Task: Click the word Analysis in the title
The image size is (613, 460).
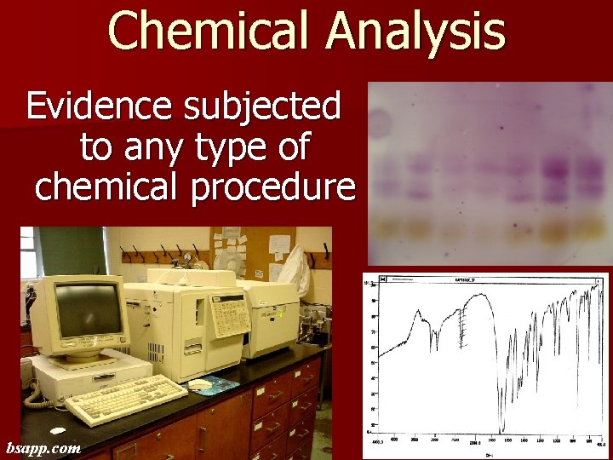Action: (417, 32)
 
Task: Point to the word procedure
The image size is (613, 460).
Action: (273, 187)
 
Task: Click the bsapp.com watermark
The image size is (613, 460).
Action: (43, 447)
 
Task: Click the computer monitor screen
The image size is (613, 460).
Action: (88, 310)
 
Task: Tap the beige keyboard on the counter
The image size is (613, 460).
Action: (126, 399)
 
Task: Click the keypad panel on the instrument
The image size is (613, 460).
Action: (229, 316)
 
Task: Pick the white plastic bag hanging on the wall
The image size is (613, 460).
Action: (295, 268)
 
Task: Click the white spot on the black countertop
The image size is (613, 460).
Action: (58, 431)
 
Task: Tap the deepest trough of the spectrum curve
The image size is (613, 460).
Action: (501, 426)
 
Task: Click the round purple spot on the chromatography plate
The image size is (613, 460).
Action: (378, 124)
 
